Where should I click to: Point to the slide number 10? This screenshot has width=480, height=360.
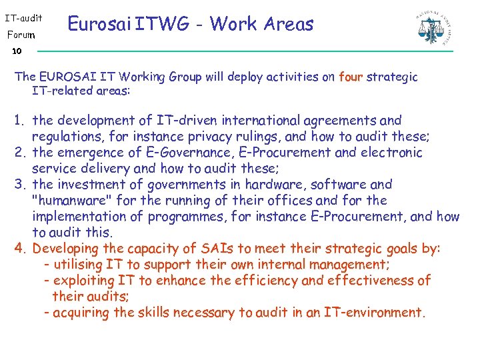(17, 51)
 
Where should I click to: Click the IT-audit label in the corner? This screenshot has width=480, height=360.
(24, 15)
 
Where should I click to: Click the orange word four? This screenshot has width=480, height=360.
(350, 77)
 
